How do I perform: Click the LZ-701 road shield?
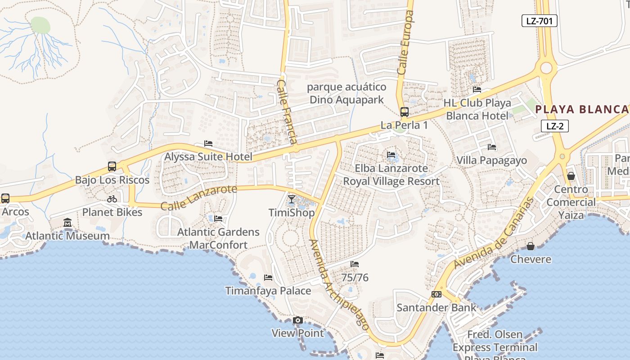[x=539, y=21]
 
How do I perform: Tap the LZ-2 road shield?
[x=554, y=126]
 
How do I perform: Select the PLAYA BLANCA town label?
[x=582, y=109]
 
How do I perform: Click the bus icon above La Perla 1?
[x=404, y=112]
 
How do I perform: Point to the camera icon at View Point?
[x=297, y=320]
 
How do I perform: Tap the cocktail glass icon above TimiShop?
[x=292, y=199]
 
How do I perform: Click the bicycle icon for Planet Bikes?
[x=112, y=199]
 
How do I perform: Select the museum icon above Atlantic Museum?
[x=67, y=222]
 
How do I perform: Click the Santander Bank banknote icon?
[x=436, y=294]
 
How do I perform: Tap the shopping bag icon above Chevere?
[x=531, y=246]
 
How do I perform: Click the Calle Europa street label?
[x=405, y=43]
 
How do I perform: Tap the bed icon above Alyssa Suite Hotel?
[x=208, y=144]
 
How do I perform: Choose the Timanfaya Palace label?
[x=268, y=291]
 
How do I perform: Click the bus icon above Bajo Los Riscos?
[x=112, y=166]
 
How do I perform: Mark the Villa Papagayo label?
[x=491, y=160]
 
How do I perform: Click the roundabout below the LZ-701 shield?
[x=546, y=68]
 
